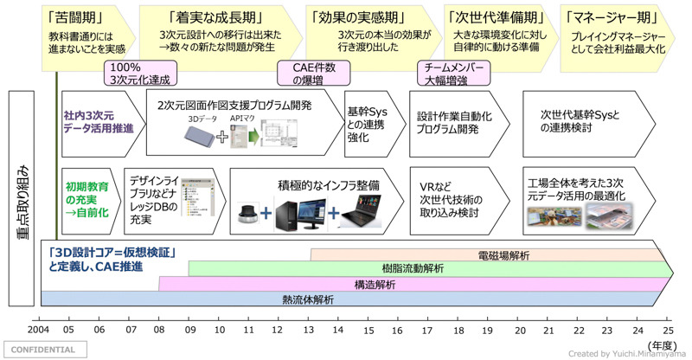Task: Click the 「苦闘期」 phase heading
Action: pos(73,17)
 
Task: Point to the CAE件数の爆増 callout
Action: pos(310,73)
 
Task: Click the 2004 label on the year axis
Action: pos(39,331)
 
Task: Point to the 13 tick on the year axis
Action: pos(310,331)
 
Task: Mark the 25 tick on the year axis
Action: pos(669,331)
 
